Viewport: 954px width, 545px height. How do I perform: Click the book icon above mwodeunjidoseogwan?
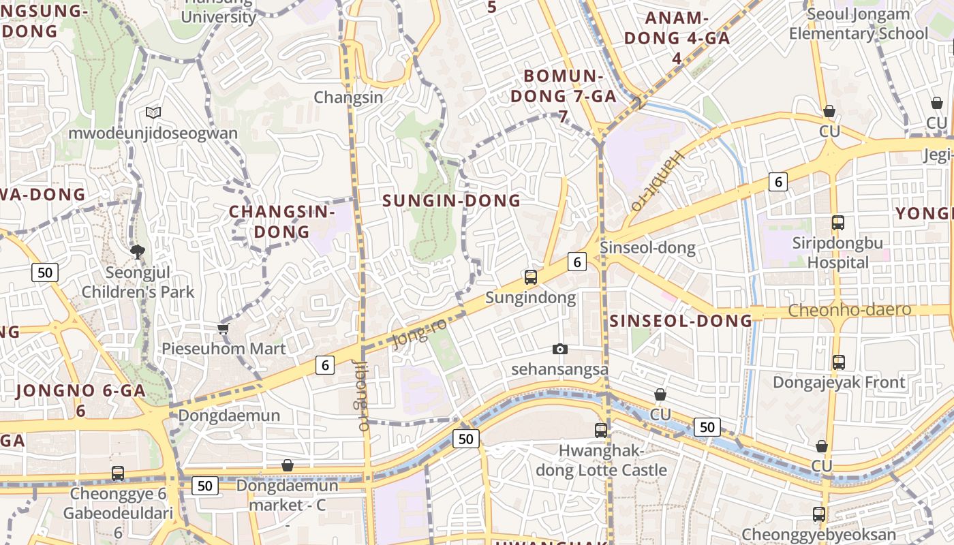[x=153, y=112]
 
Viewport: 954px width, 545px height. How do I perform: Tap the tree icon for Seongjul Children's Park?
[x=138, y=252]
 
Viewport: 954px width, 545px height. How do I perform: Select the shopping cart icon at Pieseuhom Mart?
[x=223, y=328]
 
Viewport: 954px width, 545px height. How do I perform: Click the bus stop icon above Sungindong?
[x=531, y=277]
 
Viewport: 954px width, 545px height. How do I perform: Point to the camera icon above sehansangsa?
[x=559, y=349]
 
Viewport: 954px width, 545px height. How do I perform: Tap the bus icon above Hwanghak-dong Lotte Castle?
[x=600, y=430]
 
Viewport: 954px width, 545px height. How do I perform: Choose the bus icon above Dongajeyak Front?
[x=839, y=362]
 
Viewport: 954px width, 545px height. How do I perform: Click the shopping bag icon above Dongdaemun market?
[x=288, y=465]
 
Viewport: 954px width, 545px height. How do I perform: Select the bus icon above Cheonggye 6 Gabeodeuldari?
[x=118, y=473]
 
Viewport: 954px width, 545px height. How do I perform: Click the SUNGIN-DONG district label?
[x=451, y=200]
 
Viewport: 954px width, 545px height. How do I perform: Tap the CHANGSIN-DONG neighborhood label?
[x=282, y=221]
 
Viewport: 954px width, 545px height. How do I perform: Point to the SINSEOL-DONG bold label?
[x=681, y=321]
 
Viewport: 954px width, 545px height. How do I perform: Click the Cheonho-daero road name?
[x=849, y=311]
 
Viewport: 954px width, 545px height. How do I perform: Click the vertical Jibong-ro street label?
[x=362, y=394]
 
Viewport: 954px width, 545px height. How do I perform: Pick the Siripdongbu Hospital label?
[x=837, y=253]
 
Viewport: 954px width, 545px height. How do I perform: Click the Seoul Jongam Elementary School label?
[x=858, y=24]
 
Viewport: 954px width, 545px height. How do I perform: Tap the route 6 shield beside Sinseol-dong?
[x=577, y=261]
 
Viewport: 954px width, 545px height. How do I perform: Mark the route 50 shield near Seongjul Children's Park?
[x=45, y=273]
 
